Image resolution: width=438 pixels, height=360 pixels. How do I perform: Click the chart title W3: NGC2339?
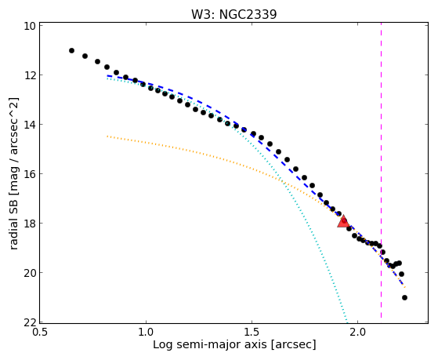(233, 14)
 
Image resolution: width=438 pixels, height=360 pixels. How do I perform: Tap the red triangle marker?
(343, 221)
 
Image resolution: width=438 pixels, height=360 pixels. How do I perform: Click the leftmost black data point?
(71, 51)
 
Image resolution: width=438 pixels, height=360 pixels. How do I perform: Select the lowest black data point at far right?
(404, 297)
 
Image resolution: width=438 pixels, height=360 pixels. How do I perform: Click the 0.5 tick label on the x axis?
(40, 333)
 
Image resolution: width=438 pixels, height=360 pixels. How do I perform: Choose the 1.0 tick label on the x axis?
(146, 333)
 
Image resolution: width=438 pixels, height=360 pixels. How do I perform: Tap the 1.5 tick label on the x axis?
(252, 333)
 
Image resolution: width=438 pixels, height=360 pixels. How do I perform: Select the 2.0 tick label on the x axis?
(358, 333)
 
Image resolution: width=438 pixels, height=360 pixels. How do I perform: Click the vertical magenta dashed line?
(382, 171)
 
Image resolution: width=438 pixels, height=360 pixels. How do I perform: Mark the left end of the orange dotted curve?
(107, 136)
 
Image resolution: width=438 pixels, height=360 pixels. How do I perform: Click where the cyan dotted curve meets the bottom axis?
(347, 322)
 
